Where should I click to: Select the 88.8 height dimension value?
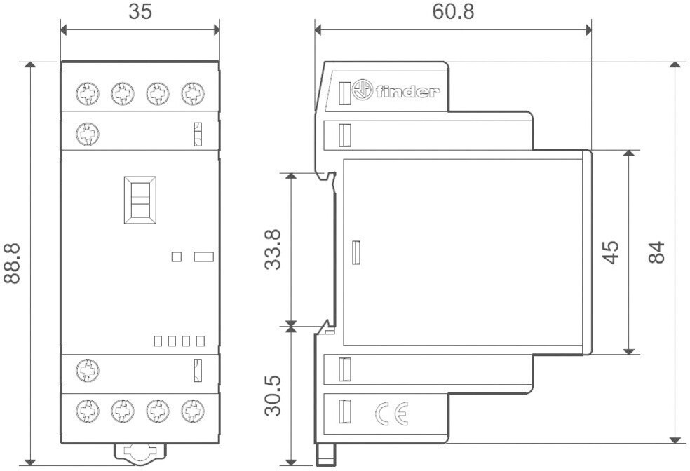pos(12,263)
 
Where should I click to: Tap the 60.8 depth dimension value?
pos(452,12)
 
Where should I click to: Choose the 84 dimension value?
pos(656,252)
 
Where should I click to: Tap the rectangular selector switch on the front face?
pos(140,200)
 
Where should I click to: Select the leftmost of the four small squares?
pos(158,341)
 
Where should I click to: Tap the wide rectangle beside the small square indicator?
pos(203,257)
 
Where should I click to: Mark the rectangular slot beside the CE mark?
pos(344,411)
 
